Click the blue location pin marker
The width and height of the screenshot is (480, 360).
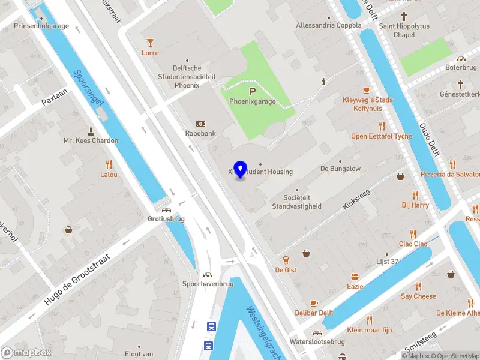(x=240, y=170)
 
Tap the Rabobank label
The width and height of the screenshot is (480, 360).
(x=200, y=134)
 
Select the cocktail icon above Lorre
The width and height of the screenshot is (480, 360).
(x=150, y=42)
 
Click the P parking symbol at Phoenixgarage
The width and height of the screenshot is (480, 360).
(x=253, y=91)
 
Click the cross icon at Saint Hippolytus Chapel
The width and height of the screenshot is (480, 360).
(x=404, y=16)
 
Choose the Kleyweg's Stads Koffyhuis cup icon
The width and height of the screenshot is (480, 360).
(x=368, y=90)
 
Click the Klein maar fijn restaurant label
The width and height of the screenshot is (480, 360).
(x=369, y=330)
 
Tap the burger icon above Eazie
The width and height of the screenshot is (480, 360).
(x=355, y=277)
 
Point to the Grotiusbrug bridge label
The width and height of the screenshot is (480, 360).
(x=166, y=219)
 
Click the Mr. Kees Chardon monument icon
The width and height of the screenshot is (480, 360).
(x=91, y=131)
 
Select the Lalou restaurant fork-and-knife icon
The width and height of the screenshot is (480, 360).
(x=109, y=164)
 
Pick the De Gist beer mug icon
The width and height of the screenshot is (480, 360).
(x=286, y=260)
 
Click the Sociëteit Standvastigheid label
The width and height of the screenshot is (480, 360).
(x=296, y=202)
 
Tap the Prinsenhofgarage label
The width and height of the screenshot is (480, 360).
(x=41, y=26)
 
